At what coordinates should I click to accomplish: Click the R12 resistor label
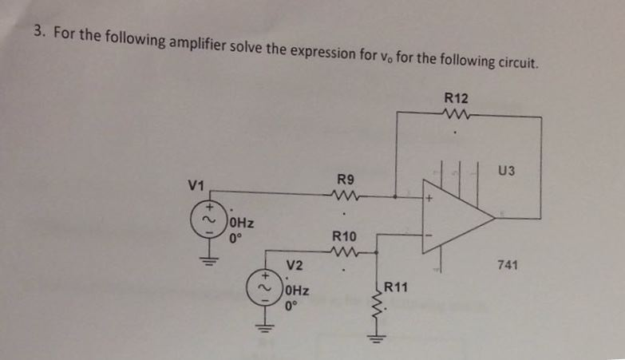coord(456,98)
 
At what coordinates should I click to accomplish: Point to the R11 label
coord(398,287)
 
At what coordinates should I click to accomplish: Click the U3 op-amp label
coord(506,169)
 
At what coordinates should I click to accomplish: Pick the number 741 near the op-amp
coord(508,263)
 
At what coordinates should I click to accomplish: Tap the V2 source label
coord(295,265)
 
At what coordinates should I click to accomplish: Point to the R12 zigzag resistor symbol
coord(456,117)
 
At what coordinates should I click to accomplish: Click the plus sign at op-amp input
coord(429,195)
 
